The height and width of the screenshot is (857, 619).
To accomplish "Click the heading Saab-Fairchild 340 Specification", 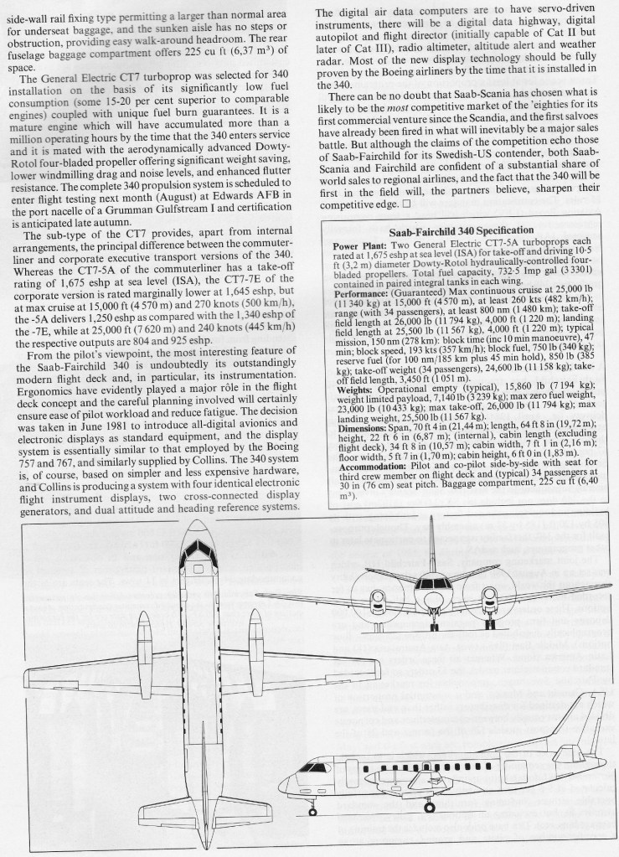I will point(462,230).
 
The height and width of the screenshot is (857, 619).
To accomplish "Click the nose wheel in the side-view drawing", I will point(313,810).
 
